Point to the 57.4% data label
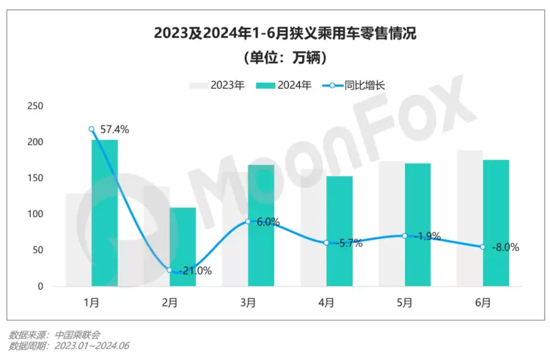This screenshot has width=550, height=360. pos(114,130)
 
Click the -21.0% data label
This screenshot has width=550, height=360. pos(195,271)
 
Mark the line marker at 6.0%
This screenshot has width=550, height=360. pos(249,221)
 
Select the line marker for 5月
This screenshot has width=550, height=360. pos(405,235)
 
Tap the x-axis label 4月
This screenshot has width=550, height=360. pos(326,302)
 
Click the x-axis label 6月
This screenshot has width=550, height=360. pos(483,302)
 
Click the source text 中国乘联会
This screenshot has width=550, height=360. pos(82,334)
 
